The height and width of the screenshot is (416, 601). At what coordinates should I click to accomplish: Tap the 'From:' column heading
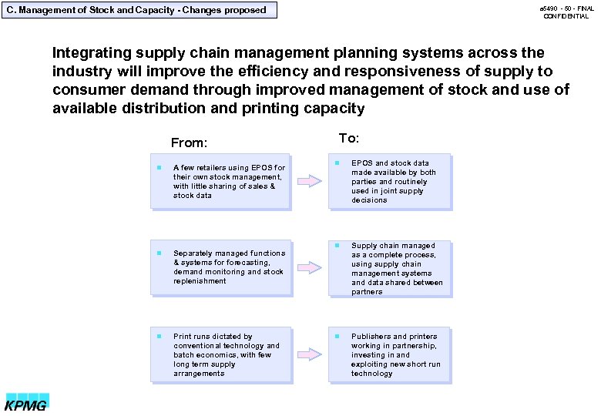pos(189,143)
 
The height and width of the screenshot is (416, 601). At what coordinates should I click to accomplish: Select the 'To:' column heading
pos(349,139)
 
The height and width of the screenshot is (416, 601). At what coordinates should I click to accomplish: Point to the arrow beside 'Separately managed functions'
pos(310,267)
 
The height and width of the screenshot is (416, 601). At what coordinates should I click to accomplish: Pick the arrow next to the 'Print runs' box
pos(310,354)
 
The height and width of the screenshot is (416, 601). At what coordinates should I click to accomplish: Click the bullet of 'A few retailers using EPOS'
pos(157,167)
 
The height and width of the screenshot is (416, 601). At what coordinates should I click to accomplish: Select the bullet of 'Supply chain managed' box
pos(336,246)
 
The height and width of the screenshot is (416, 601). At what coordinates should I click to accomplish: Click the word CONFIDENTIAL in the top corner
pos(566,16)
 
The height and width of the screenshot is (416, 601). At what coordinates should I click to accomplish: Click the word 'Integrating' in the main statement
pos(91,53)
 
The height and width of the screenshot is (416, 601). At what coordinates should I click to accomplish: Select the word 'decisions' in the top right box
pos(369,200)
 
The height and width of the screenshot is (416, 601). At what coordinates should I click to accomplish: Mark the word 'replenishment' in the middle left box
pos(200,281)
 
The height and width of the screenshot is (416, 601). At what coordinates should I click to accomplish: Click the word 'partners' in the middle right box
pos(367,292)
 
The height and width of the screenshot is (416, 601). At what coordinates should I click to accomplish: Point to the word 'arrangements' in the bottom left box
pos(199,374)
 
